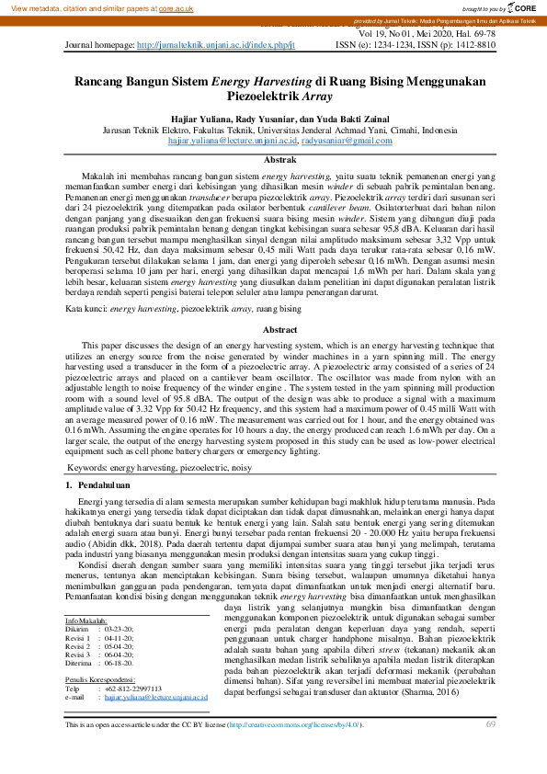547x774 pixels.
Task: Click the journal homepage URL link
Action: (216, 44)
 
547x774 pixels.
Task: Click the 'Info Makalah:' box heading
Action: (86, 595)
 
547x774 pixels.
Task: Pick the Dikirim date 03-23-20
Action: (118, 603)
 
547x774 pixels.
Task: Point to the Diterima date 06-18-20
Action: (118, 636)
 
